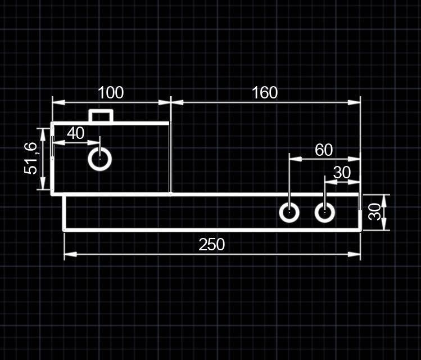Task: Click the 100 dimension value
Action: (x=111, y=92)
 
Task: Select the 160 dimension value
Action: (x=265, y=92)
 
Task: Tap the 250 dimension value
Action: (x=212, y=245)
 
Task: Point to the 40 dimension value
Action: (x=76, y=133)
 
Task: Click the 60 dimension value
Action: (x=324, y=150)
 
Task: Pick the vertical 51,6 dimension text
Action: (x=30, y=159)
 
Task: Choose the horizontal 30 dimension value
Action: (x=342, y=173)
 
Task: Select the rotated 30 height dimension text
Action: (x=375, y=212)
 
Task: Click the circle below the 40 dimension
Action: (x=100, y=159)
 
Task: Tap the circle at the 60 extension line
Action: (x=289, y=212)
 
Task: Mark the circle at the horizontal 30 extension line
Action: (x=325, y=212)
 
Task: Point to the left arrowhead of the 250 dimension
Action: (x=70, y=254)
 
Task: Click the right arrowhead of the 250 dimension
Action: (x=354, y=254)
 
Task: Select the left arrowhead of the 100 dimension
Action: (x=58, y=102)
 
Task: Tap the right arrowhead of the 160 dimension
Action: (x=354, y=102)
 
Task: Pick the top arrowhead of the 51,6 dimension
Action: (x=43, y=135)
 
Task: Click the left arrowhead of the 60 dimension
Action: (x=295, y=159)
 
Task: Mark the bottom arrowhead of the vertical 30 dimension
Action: (x=384, y=223)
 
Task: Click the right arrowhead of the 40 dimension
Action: (x=94, y=142)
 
